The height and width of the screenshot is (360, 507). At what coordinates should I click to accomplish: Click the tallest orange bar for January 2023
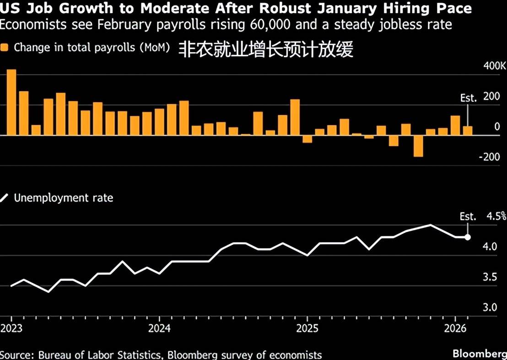coord(11,102)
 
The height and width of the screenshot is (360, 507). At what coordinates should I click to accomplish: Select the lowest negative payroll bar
coord(418,146)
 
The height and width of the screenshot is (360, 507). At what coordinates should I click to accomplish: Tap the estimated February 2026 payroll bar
coord(468,131)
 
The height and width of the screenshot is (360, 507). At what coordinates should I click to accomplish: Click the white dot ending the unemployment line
coord(468,237)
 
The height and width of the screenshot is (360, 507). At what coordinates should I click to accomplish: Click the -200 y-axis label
coord(489,157)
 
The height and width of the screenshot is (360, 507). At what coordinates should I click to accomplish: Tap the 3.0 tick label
coord(490,307)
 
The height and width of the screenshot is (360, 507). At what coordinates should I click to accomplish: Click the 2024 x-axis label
coord(159,328)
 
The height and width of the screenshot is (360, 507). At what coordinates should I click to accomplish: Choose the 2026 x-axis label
coord(455,328)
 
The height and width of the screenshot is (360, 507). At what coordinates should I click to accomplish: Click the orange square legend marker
coord(4,48)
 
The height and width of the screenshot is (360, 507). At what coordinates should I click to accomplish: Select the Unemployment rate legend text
coord(64,198)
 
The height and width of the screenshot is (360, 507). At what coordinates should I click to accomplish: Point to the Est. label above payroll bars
coord(469,98)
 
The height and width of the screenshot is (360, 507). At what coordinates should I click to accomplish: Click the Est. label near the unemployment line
coord(468,216)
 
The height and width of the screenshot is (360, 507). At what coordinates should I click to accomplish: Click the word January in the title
coord(347,8)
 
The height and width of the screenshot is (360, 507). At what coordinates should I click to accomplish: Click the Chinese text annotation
coord(266,49)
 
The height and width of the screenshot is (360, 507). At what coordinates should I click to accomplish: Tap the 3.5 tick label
coord(490,277)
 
